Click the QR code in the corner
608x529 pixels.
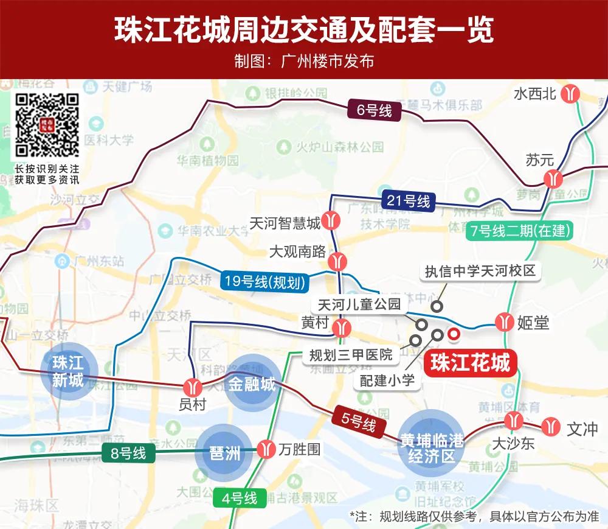click(47, 125)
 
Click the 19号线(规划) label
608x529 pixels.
click(264, 282)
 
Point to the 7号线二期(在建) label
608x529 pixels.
click(520, 231)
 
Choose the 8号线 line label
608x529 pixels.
click(128, 454)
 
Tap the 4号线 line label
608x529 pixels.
click(240, 499)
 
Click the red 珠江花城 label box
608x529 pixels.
click(470, 363)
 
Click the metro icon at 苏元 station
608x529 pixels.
click(553, 178)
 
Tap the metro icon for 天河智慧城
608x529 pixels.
click(332, 220)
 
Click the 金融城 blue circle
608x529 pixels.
click(252, 384)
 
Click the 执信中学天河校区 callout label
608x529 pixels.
click(480, 271)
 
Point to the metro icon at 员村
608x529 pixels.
click(193, 386)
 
